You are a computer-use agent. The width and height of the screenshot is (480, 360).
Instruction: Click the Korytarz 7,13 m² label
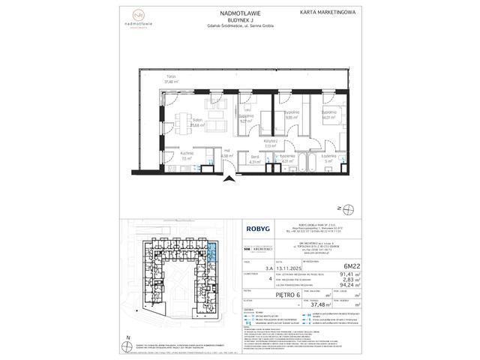pyautogui.click(x=271, y=143)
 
